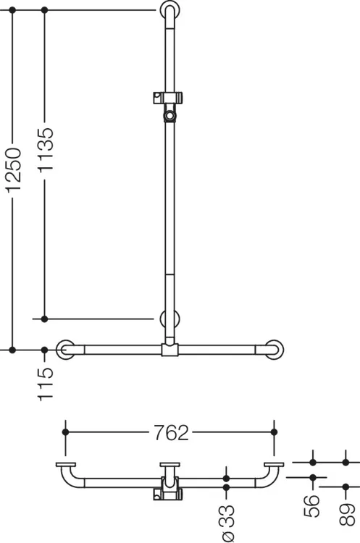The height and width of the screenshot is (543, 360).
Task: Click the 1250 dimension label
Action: tap(14, 169)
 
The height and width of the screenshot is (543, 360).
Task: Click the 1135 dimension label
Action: tap(46, 151)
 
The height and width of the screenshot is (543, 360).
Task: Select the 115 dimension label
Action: tap(46, 384)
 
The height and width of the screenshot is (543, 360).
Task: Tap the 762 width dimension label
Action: tap(171, 432)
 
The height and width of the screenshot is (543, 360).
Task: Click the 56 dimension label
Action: tap(311, 506)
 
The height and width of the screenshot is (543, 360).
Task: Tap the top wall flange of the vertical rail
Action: tap(169, 10)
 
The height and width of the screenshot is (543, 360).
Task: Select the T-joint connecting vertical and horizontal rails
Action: tap(169, 350)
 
